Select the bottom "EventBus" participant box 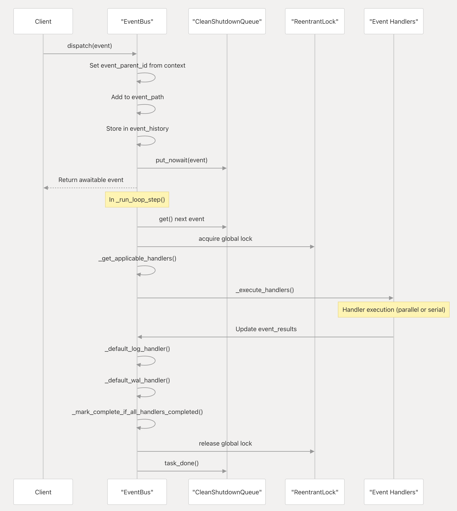[137, 492]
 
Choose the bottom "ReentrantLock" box [315, 492]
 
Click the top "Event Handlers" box [394, 21]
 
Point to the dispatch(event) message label [90, 46]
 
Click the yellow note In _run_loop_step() [137, 200]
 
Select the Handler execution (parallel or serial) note [394, 309]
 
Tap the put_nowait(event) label [182, 160]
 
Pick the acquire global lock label [225, 239]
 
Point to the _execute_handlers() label [265, 290]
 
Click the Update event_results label [266, 329]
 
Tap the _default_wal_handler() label [137, 380]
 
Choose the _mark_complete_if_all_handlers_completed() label [137, 412]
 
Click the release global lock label [225, 443]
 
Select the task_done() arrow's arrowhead [225, 471]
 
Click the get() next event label [182, 219]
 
